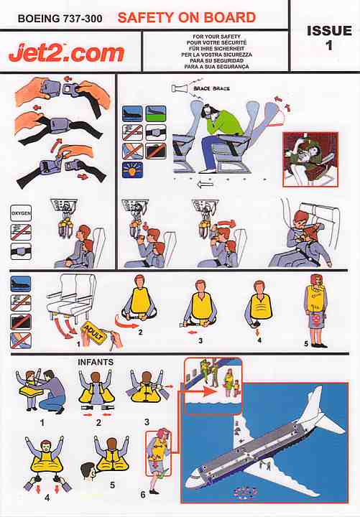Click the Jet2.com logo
click(66, 52)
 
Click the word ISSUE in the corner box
click(328, 31)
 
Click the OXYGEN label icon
click(20, 214)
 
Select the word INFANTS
click(96, 362)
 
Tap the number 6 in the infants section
click(142, 493)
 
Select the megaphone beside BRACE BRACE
click(179, 88)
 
